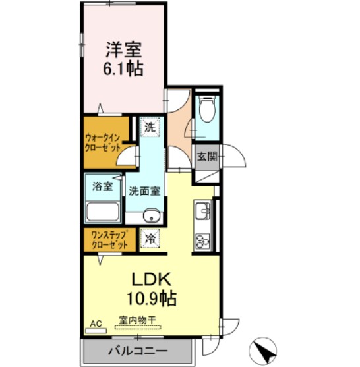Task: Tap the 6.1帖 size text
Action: pyautogui.click(x=124, y=69)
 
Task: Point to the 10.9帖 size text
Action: pyautogui.click(x=152, y=298)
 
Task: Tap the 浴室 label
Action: pyautogui.click(x=102, y=186)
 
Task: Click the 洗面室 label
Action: pyautogui.click(x=144, y=192)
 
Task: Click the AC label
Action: pyautogui.click(x=96, y=324)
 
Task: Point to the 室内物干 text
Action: pyautogui.click(x=138, y=321)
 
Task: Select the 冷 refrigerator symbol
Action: pyautogui.click(x=150, y=239)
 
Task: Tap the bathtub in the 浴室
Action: pyautogui.click(x=102, y=213)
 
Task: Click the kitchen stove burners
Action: pyautogui.click(x=201, y=240)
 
